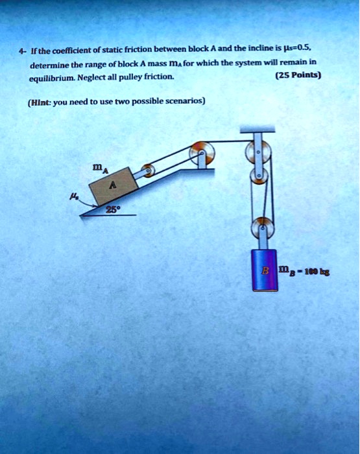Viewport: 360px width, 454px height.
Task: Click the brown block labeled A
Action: click(114, 187)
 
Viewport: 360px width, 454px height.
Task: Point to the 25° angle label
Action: click(114, 210)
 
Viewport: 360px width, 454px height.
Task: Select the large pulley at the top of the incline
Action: click(200, 154)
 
